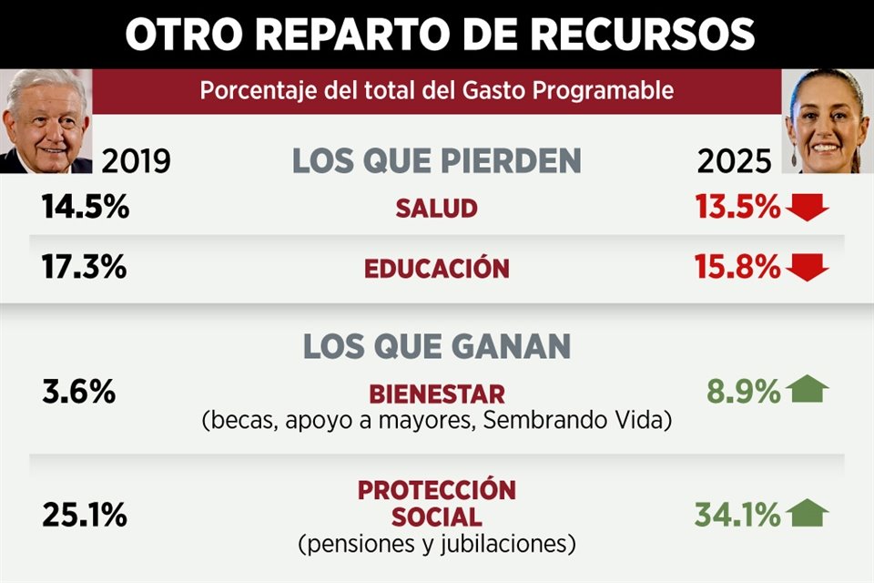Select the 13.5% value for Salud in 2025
737,208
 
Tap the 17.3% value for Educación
85,269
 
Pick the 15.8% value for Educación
737,269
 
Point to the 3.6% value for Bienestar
78,393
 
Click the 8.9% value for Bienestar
743,393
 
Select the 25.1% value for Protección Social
84,517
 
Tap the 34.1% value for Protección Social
737,517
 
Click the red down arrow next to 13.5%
808,209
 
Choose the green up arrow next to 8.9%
808,391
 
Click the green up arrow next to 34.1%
808,514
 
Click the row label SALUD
436,209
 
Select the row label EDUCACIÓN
436,269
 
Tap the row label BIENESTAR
436,394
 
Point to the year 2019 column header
136,161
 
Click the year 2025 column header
734,161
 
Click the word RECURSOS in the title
642,35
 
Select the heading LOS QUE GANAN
436,347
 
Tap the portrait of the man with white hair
46,121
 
